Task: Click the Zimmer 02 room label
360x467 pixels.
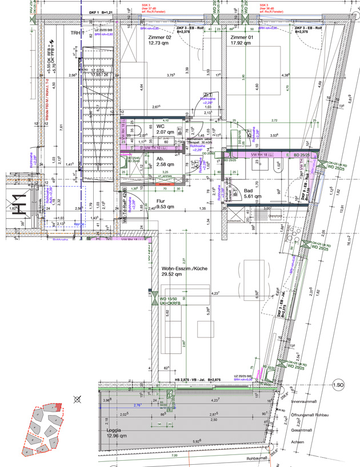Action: point(160,39)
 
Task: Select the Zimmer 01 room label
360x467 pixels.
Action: point(242,39)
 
